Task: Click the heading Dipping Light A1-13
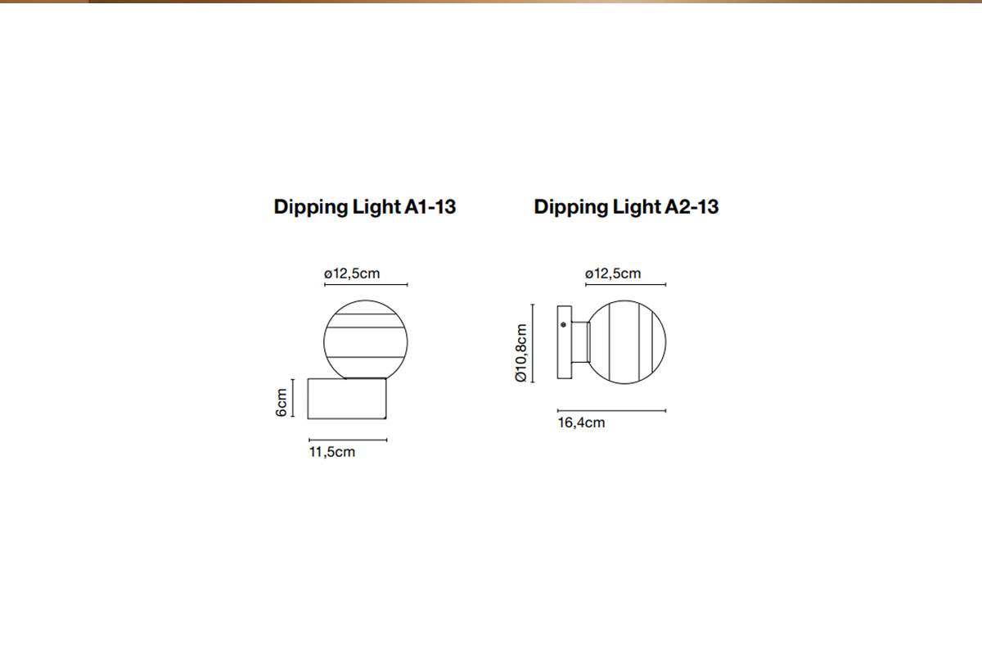[365, 207]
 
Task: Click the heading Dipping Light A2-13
[626, 207]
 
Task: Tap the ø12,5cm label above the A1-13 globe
[352, 273]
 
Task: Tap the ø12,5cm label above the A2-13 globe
[613, 273]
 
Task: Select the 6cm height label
[281, 403]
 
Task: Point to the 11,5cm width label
[332, 452]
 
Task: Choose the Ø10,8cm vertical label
[520, 353]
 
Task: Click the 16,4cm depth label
[581, 423]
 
